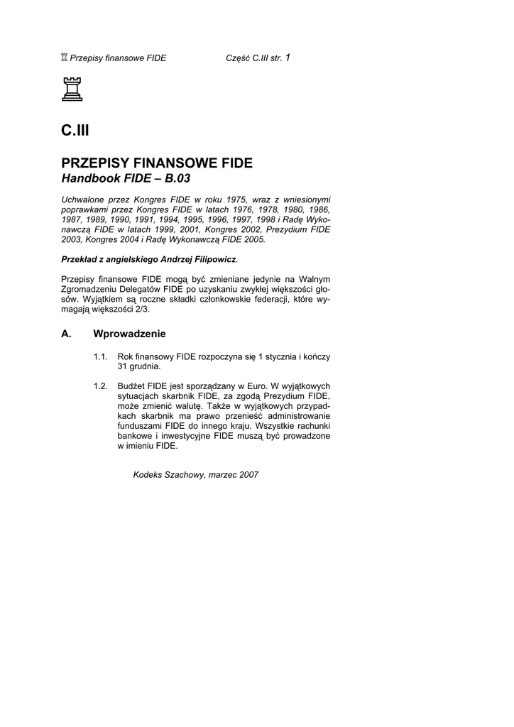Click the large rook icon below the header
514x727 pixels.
[72, 90]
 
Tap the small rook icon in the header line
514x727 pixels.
[65, 58]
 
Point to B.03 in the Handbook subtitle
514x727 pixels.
[177, 179]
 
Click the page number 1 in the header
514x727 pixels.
[287, 58]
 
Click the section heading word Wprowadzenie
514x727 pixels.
[129, 334]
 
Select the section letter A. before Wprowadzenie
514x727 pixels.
[67, 334]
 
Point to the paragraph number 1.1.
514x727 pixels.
[100, 356]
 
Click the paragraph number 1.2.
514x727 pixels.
[100, 386]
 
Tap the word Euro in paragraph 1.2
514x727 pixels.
[256, 386]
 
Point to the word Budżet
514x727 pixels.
[131, 386]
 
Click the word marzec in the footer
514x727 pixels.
[224, 475]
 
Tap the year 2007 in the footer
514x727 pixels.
[248, 475]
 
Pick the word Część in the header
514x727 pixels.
[239, 58]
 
